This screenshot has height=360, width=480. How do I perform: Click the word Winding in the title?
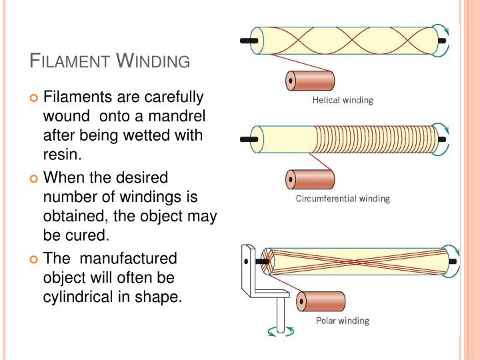click(153, 62)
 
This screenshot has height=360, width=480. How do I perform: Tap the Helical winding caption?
click(343, 101)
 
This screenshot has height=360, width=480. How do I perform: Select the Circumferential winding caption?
click(343, 199)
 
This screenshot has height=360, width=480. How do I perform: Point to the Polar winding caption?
click(342, 321)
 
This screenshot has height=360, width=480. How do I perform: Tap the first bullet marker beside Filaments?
click(35, 98)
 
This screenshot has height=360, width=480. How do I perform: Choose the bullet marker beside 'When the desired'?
click(35, 179)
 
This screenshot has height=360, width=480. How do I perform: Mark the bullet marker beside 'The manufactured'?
click(35, 259)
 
